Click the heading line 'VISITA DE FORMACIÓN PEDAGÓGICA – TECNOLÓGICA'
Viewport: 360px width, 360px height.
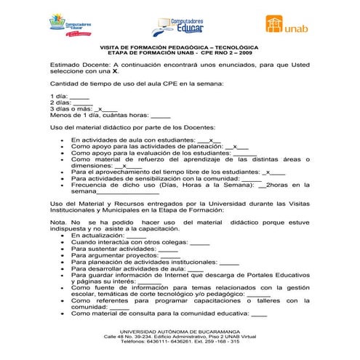[x=179, y=47]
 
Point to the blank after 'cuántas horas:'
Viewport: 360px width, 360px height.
[x=161, y=115]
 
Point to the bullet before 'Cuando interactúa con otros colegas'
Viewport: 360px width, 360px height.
[x=63, y=243]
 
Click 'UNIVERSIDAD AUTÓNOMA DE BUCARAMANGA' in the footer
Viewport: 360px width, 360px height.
[x=179, y=330]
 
